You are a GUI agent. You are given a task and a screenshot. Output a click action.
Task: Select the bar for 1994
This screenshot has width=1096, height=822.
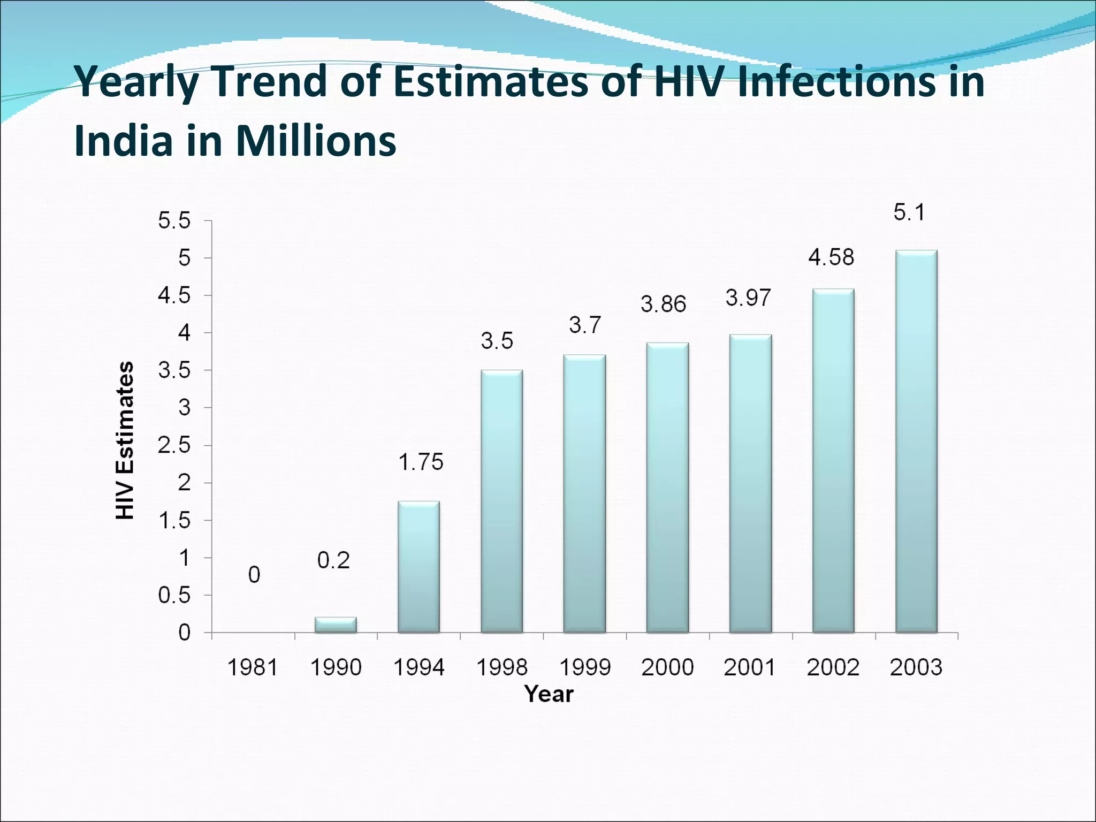tap(418, 567)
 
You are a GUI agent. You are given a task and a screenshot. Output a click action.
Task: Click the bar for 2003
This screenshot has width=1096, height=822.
tap(916, 442)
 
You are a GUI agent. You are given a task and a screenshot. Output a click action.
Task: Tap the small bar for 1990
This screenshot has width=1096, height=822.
tap(336, 625)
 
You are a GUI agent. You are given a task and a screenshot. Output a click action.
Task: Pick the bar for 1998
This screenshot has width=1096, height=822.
tap(501, 501)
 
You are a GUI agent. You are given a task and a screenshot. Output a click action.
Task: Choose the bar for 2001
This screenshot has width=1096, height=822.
tap(750, 484)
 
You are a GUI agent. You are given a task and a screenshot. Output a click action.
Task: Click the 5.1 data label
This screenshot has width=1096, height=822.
tap(909, 213)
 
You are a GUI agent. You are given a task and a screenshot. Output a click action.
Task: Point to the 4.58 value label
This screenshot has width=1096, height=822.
tap(831, 257)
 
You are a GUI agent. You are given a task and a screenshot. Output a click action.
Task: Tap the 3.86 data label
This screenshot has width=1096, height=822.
tap(663, 305)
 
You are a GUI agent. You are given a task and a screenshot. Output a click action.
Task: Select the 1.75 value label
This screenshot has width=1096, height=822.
tap(421, 462)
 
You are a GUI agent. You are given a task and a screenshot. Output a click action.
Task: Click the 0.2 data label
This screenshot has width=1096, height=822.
tap(333, 560)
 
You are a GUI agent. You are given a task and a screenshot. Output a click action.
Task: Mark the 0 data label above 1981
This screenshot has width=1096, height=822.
tap(254, 575)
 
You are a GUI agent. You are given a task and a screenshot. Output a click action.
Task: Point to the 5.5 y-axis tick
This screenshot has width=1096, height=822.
tap(174, 221)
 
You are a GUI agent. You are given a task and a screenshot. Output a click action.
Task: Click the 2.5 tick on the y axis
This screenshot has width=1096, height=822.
tap(174, 446)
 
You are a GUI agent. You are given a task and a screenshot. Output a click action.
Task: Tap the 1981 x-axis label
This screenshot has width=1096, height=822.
tap(253, 667)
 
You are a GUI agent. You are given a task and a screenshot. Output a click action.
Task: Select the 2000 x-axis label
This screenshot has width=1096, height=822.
tap(667, 667)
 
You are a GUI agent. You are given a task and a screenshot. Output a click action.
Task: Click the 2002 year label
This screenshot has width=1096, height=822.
tap(833, 667)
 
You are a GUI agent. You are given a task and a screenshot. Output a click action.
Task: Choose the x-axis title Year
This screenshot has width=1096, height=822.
tap(549, 694)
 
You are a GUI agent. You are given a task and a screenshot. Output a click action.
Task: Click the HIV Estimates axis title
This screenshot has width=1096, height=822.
tap(125, 440)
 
